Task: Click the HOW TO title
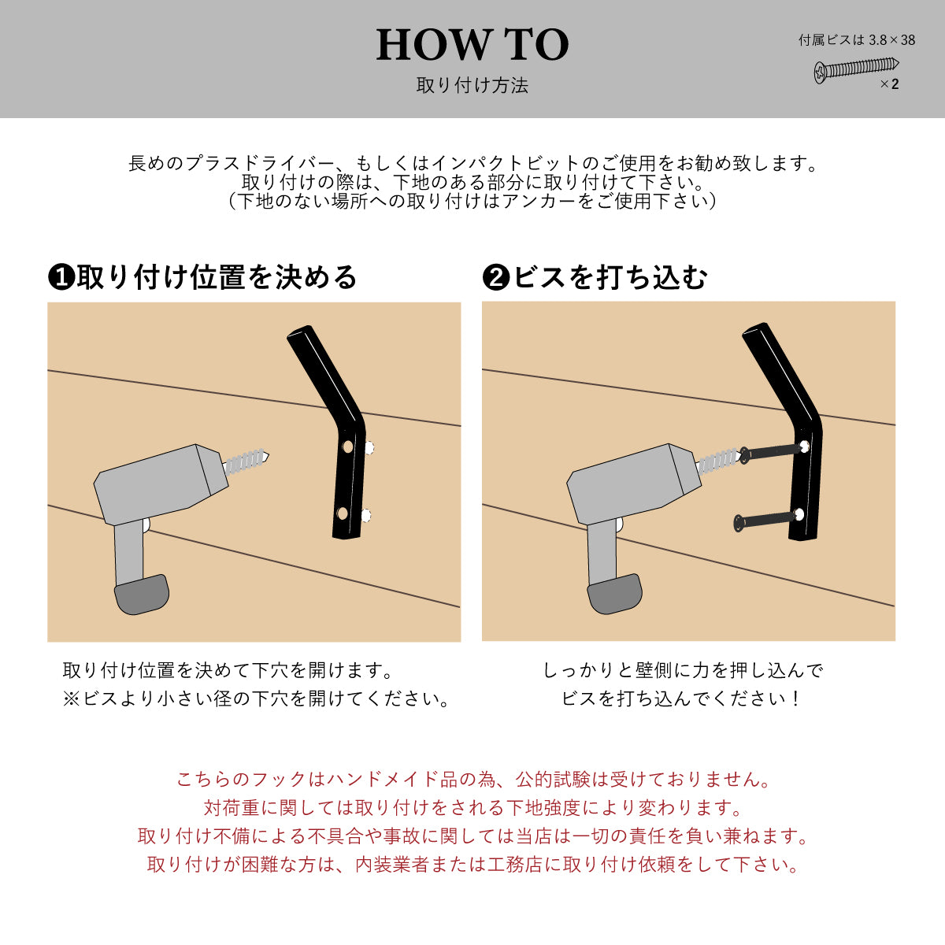[x=472, y=44]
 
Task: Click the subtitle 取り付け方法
[x=472, y=86]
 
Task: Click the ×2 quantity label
[x=889, y=84]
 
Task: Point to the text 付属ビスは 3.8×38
[x=857, y=40]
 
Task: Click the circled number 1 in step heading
[x=61, y=277]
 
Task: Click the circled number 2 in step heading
[x=495, y=277]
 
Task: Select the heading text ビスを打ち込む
[x=610, y=277]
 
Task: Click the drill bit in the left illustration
[x=247, y=461]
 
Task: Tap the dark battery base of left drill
[x=143, y=595]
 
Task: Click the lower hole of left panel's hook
[x=343, y=513]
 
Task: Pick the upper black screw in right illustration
[x=772, y=451]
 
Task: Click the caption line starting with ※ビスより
[x=256, y=699]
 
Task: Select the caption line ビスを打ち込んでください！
[x=682, y=699]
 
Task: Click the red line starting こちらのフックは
[x=472, y=780]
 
